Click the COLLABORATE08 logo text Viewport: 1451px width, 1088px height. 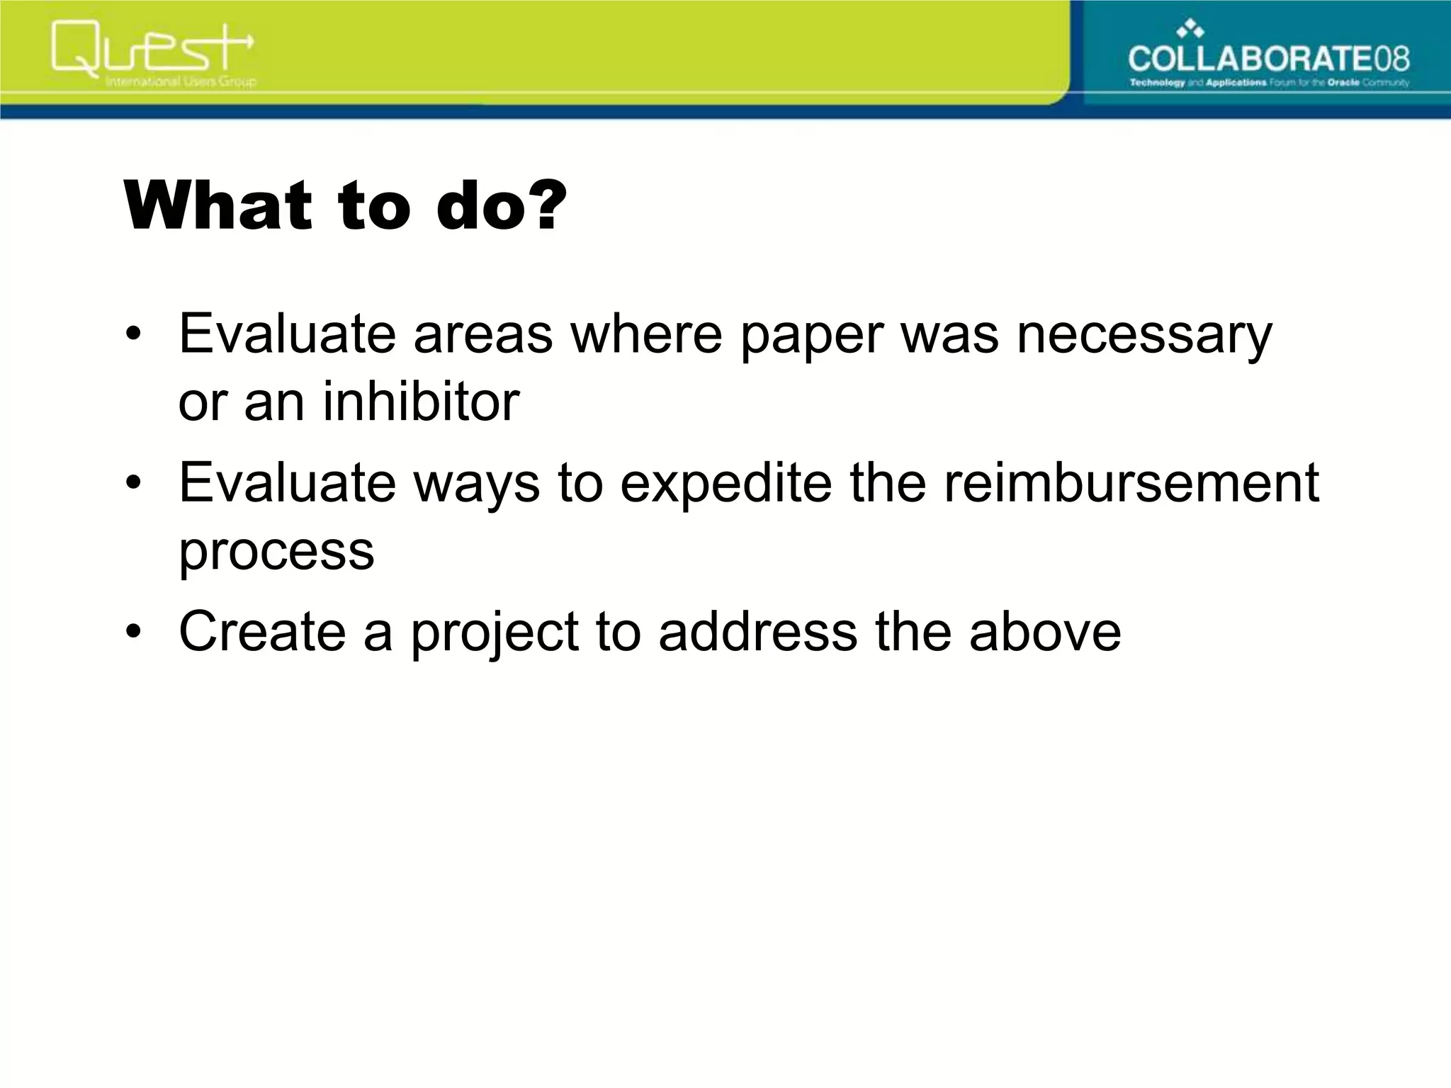click(1268, 58)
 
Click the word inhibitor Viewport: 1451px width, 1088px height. click(421, 402)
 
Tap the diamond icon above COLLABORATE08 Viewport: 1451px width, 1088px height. click(1191, 28)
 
